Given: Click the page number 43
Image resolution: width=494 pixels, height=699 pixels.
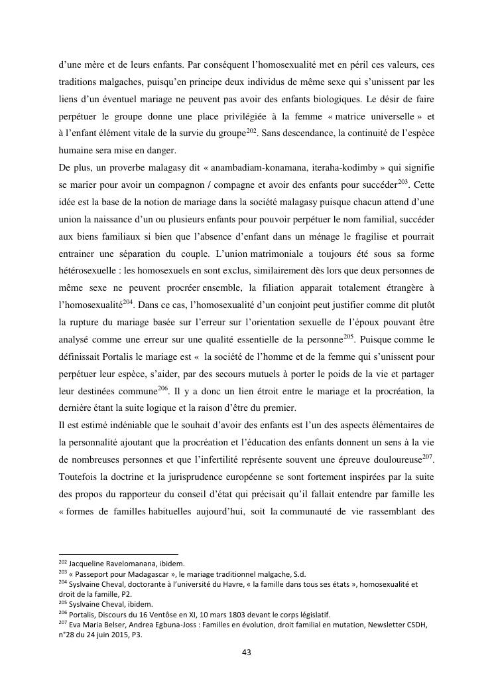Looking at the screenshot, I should [247, 653].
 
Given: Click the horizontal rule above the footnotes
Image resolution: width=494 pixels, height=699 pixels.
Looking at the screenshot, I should [119, 554].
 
